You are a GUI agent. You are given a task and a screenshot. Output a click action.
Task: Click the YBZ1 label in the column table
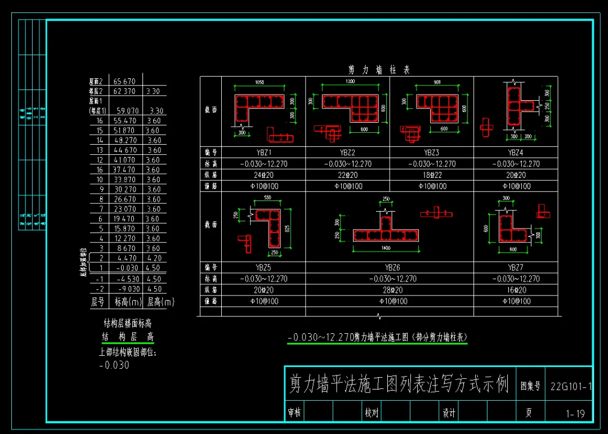pos(263,153)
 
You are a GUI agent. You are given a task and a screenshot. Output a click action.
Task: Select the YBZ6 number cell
pos(392,267)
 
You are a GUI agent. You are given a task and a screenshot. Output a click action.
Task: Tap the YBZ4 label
pos(516,153)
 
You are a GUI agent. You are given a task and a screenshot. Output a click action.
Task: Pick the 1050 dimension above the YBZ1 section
pos(259,83)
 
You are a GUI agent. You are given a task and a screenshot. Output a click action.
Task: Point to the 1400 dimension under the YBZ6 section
pos(386,248)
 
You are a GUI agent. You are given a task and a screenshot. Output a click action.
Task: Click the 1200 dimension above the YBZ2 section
pos(350,82)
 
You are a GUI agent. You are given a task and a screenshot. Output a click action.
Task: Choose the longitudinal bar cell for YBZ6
pos(392,290)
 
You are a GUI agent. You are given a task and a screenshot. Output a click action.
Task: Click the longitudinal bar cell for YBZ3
pos(432,175)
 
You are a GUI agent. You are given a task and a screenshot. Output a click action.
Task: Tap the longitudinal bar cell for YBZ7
pos(516,290)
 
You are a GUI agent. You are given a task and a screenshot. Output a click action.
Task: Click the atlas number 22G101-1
pos(571,387)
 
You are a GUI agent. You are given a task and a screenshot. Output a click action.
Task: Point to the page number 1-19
pos(575,414)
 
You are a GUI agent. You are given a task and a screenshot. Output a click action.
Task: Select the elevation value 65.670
pos(124,82)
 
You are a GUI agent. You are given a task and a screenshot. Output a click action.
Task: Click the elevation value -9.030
pos(127,289)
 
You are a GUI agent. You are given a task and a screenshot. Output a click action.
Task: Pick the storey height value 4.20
pos(154,258)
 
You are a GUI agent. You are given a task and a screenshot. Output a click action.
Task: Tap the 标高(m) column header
pos(127,302)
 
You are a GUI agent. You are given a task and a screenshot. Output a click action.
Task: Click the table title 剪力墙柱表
pos(379,70)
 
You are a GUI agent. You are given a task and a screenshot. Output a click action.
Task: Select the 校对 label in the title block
pos(371,413)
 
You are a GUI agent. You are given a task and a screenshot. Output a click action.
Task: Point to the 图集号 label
pos(530,387)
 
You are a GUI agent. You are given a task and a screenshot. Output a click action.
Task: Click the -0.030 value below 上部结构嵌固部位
pos(114,365)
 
